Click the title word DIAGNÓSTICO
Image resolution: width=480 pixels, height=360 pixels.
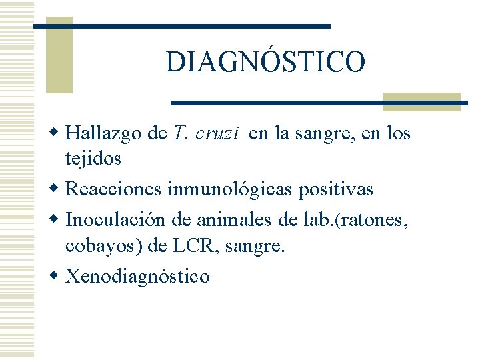(265, 62)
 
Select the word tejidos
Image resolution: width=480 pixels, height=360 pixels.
(93, 159)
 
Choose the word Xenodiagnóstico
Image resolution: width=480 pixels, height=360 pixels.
(137, 276)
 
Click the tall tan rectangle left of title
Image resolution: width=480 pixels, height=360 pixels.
(59, 57)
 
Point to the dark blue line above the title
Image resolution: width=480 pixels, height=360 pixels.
(182, 26)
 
